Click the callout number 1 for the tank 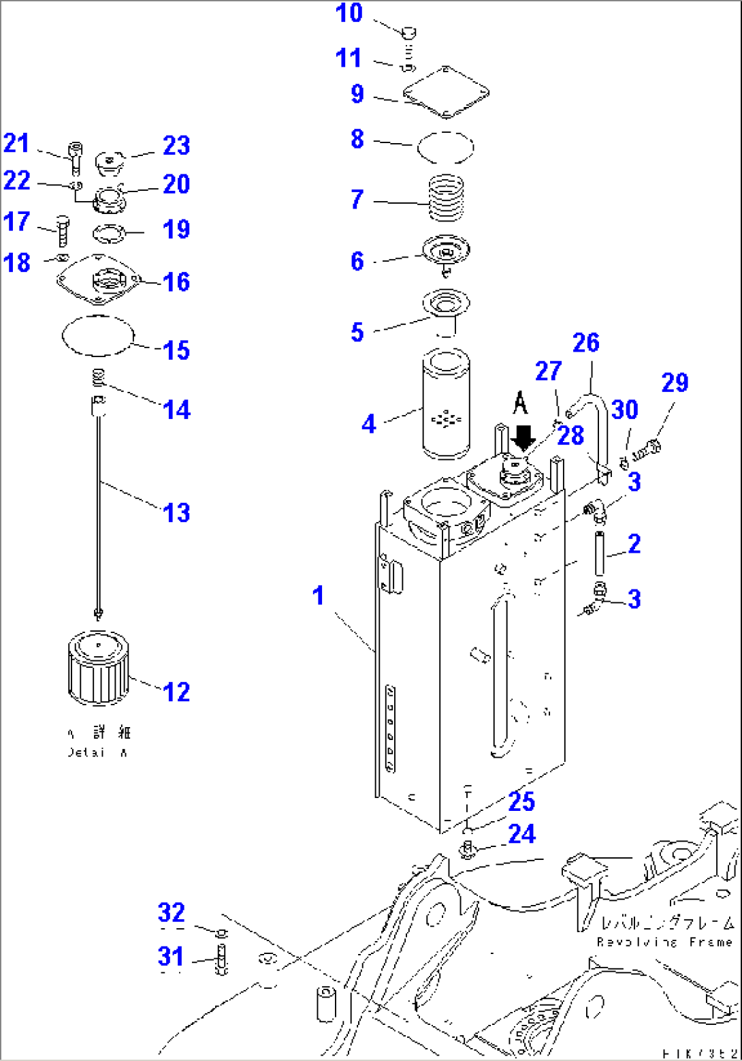[x=318, y=596]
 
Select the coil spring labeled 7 [x=447, y=197]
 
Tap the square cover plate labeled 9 [x=447, y=91]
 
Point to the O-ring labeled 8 [x=445, y=147]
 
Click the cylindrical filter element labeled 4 [x=446, y=404]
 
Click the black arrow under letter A [x=523, y=437]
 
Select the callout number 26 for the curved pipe [x=585, y=343]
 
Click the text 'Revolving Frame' [x=664, y=942]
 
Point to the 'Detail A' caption [x=97, y=753]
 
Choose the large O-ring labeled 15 [x=98, y=335]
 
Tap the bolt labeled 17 [x=62, y=231]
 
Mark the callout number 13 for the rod [x=177, y=512]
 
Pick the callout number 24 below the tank [x=521, y=833]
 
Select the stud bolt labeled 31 [x=222, y=959]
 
